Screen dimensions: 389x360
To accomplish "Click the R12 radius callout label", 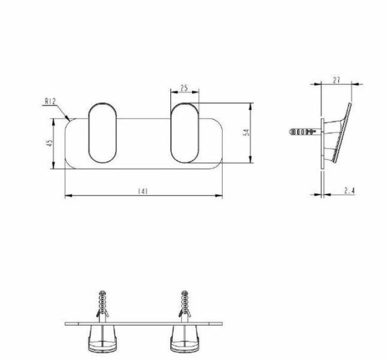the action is [x=50, y=101].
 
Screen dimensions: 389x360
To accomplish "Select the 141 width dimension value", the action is [x=142, y=191].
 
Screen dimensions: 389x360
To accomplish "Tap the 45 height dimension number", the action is [x=50, y=143].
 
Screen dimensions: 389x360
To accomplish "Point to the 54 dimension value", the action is [x=247, y=132].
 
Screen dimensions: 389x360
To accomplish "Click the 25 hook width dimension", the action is [x=184, y=88].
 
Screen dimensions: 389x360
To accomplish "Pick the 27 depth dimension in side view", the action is [x=336, y=80].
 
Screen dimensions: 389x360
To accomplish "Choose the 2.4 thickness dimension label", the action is [x=349, y=191].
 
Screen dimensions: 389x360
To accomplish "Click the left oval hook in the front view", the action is [x=102, y=133].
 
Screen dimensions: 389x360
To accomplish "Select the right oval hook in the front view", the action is [x=185, y=133].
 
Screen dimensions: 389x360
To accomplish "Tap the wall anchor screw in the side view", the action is [x=302, y=131].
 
